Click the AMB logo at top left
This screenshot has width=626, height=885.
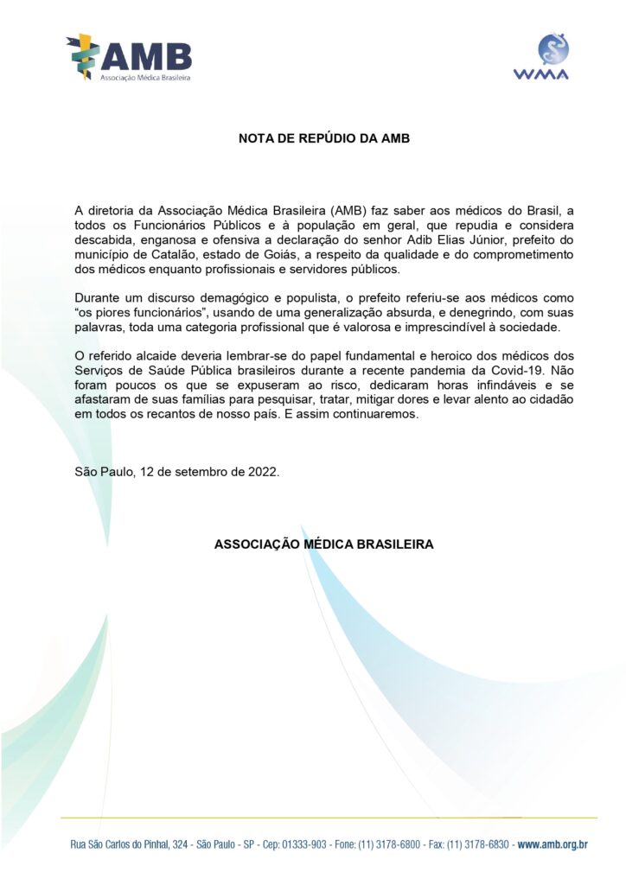point(129,58)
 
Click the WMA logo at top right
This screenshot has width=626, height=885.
point(553,56)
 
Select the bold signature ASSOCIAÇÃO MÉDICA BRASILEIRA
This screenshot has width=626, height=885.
point(324,544)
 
